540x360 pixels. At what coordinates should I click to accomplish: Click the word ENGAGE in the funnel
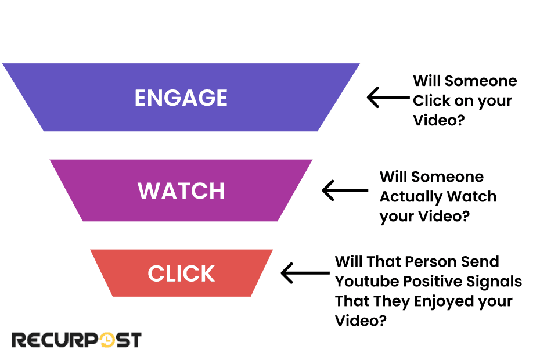[181, 98]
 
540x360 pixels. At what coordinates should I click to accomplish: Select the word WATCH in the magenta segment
[181, 191]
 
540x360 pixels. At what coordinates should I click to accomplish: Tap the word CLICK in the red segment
[181, 273]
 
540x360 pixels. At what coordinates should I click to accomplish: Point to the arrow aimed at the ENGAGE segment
[388, 98]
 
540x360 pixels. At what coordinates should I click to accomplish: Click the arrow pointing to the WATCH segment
[344, 190]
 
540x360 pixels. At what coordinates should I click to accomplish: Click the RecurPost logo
[76, 340]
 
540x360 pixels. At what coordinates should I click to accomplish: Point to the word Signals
[494, 282]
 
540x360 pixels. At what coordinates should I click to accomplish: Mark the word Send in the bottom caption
[481, 262]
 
